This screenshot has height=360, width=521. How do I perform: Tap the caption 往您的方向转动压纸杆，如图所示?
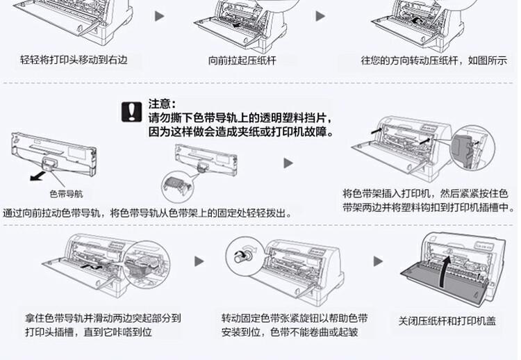pyautogui.click(x=433, y=60)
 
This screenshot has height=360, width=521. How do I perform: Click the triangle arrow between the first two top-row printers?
pyautogui.click(x=159, y=15)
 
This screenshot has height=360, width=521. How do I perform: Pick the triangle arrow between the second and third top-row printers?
pyautogui.click(x=321, y=15)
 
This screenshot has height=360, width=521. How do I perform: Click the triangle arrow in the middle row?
pyautogui.click(x=288, y=163)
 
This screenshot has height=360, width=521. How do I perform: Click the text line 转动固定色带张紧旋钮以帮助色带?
pyautogui.click(x=295, y=318)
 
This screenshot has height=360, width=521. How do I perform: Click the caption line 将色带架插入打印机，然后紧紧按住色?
pyautogui.click(x=426, y=193)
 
